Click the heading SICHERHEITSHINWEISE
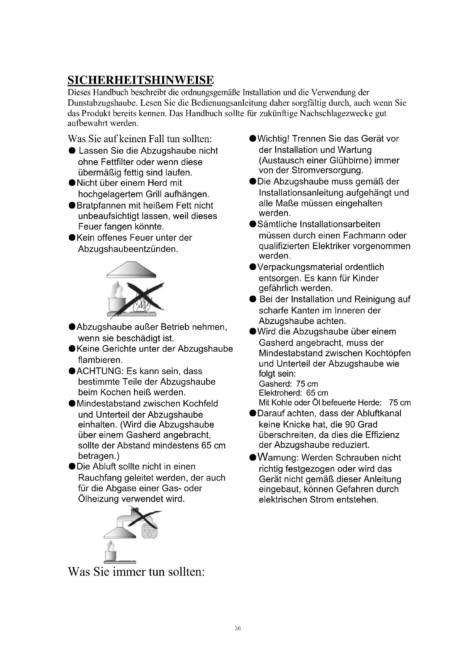pos(141,80)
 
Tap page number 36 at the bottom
pos(237,628)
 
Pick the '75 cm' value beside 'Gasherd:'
pos(307,384)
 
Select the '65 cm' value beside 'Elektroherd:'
pos(317,393)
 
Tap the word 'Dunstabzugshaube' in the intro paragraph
pos(102,103)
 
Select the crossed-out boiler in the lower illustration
pos(149,531)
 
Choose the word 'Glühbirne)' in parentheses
pos(350,160)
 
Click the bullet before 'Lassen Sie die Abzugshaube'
pos(72,151)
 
